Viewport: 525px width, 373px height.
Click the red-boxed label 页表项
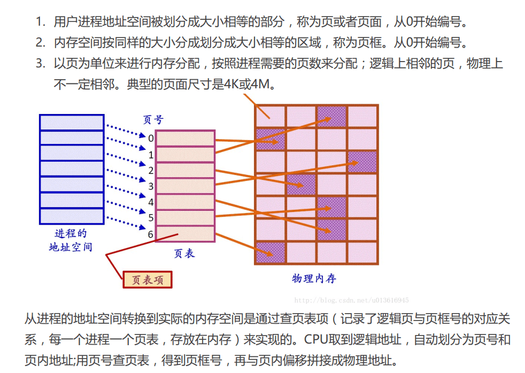pyautogui.click(x=148, y=279)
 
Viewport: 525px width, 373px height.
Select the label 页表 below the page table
pyautogui.click(x=184, y=253)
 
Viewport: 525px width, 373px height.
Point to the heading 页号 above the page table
pyautogui.click(x=154, y=120)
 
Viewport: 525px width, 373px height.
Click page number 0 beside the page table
pyautogui.click(x=151, y=139)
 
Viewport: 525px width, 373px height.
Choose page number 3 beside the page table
pyautogui.click(x=151, y=186)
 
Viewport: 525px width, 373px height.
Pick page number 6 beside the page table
pyautogui.click(x=151, y=234)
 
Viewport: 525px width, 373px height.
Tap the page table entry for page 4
pyautogui.click(x=185, y=202)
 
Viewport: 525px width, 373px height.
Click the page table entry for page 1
pyautogui.click(x=185, y=154)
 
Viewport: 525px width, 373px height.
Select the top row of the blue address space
pyautogui.click(x=72, y=122)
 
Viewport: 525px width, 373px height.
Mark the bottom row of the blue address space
pyautogui.click(x=72, y=216)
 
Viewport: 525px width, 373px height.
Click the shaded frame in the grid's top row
pyautogui.click(x=331, y=116)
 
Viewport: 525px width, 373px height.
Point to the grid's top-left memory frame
pyautogui.click(x=271, y=116)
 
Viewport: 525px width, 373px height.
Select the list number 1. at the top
pyautogui.click(x=41, y=22)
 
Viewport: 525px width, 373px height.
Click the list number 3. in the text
pyautogui.click(x=41, y=64)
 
